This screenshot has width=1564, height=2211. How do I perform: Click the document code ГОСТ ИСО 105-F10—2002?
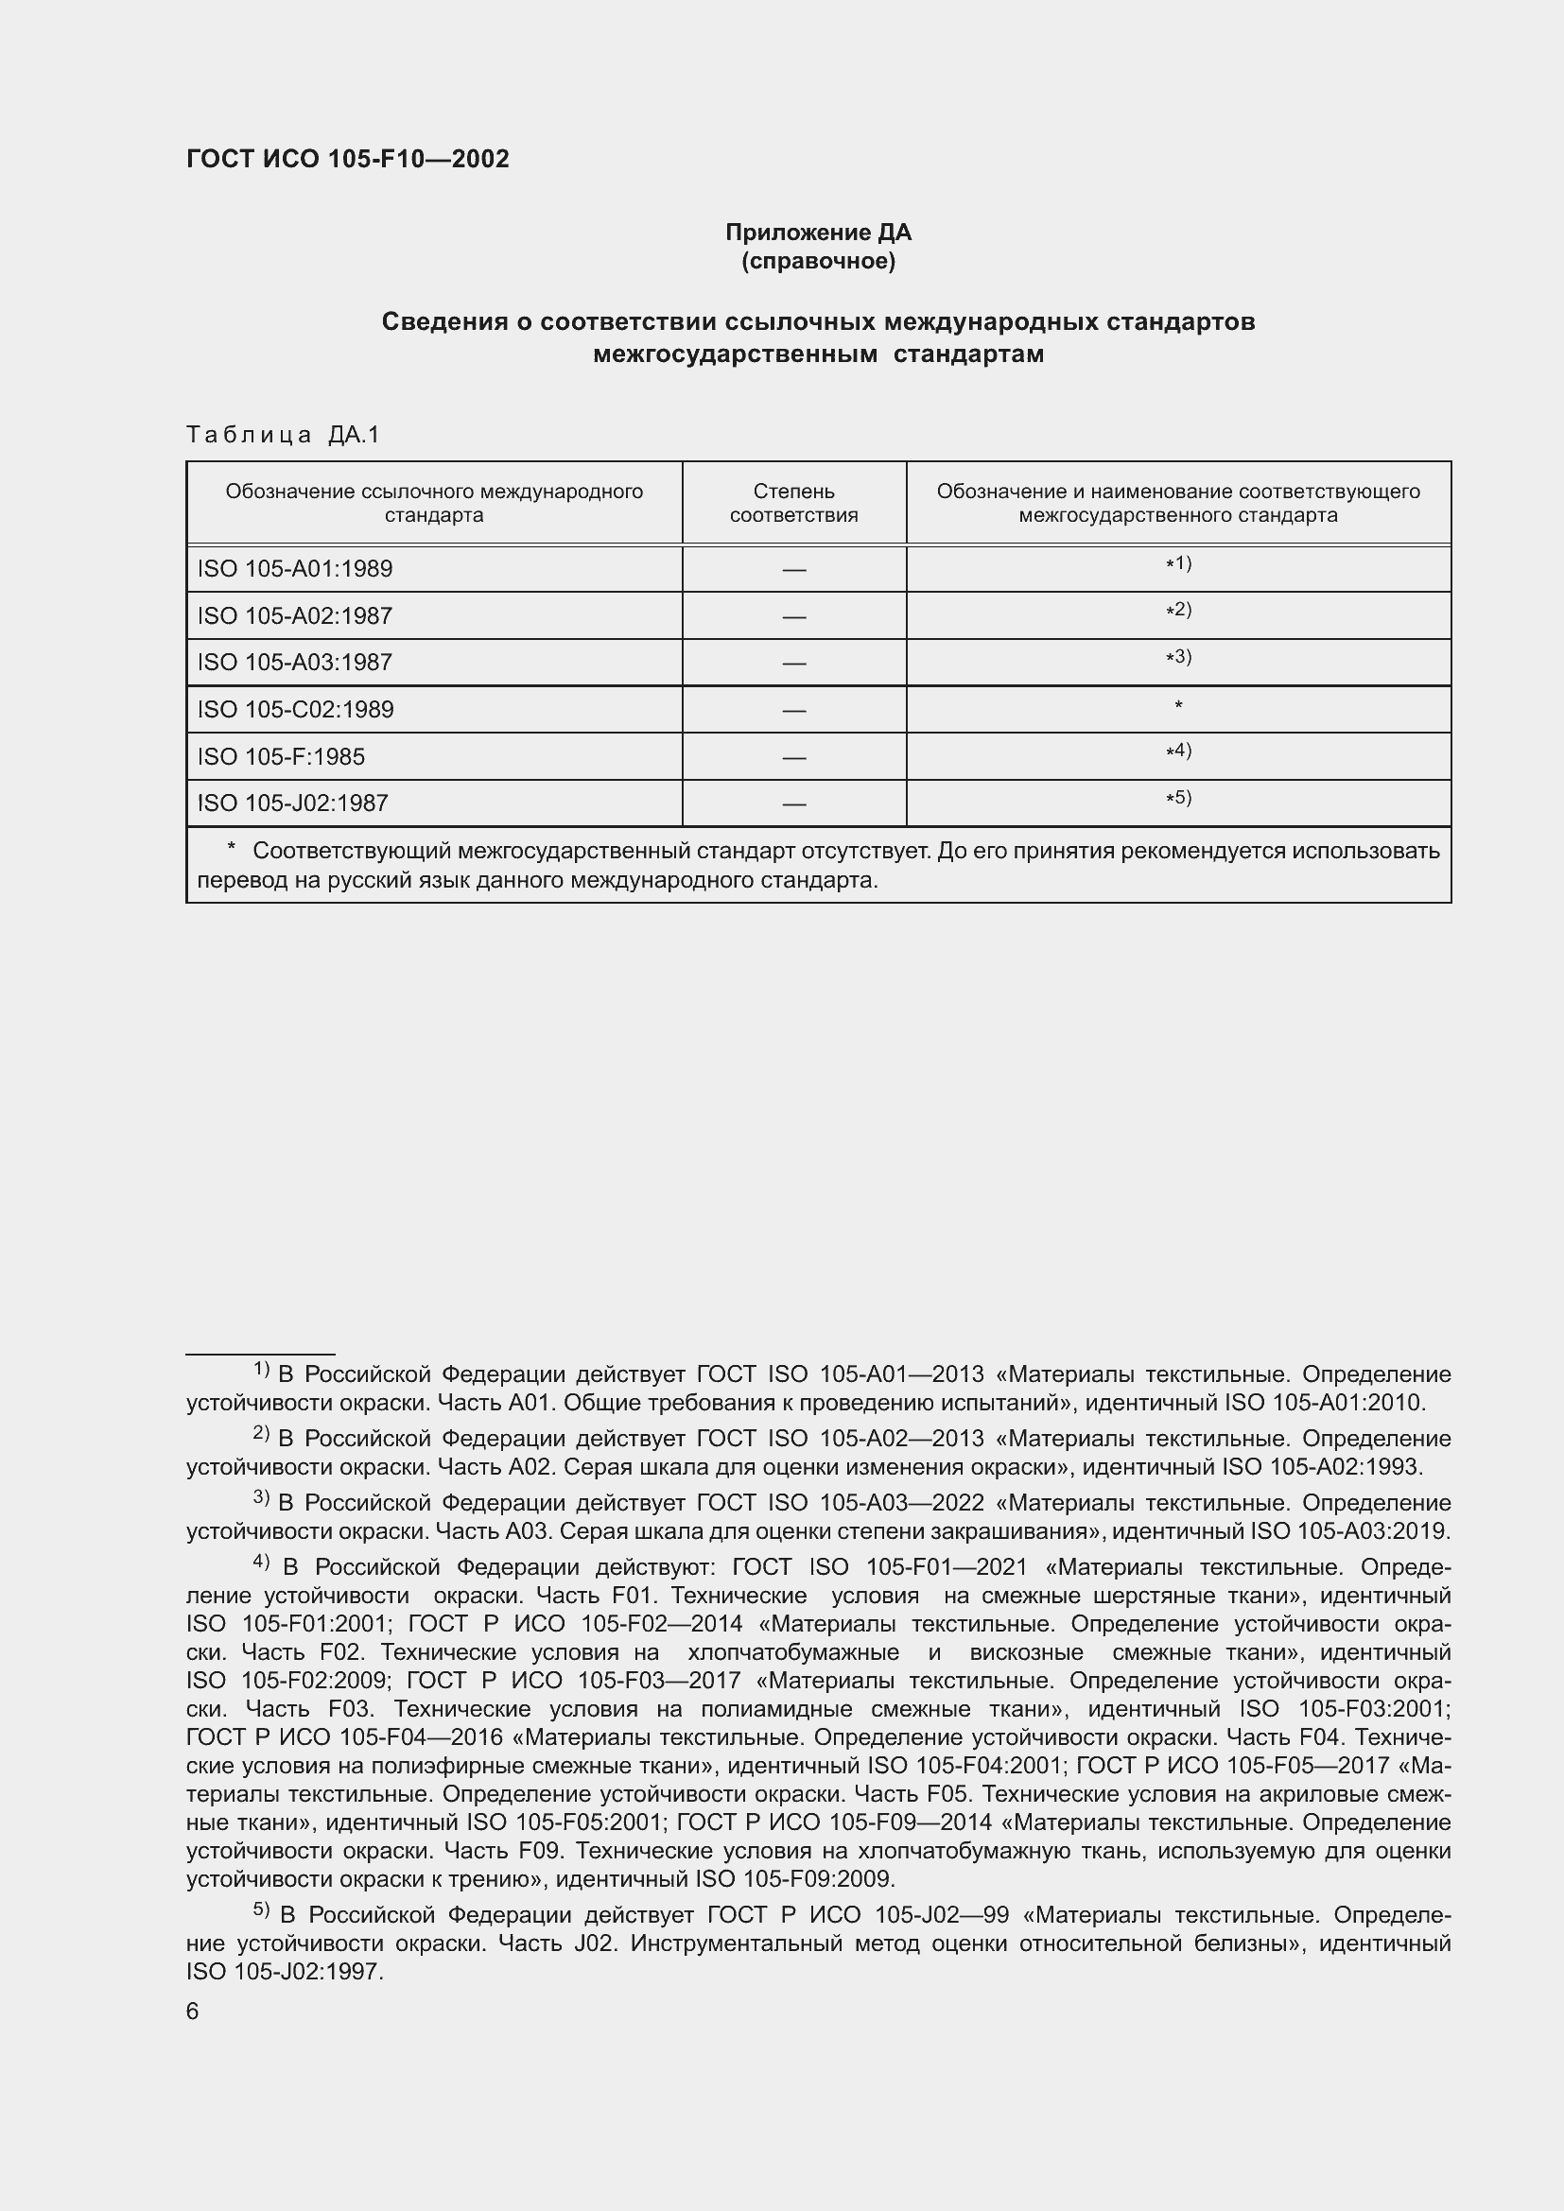(x=348, y=159)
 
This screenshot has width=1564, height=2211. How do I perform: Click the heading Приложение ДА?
(x=818, y=233)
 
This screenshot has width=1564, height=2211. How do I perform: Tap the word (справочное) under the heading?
(x=818, y=261)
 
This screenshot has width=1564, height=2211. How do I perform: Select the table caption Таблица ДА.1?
(x=283, y=435)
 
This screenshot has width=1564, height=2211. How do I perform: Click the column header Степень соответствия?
(x=793, y=503)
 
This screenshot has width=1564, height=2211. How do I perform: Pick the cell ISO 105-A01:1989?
(x=295, y=569)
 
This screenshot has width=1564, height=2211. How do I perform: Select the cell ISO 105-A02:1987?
(x=295, y=616)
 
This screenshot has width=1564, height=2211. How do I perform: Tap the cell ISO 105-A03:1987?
(x=295, y=663)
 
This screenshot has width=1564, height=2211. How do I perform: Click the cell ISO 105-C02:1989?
(x=296, y=710)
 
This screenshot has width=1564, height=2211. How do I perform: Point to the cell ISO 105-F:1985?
(x=281, y=757)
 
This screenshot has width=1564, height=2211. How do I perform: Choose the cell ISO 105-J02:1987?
(x=293, y=803)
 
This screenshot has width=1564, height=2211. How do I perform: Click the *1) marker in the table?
(x=1178, y=564)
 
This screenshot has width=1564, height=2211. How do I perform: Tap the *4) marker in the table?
(x=1178, y=751)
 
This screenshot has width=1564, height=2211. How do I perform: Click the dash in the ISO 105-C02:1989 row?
(x=793, y=711)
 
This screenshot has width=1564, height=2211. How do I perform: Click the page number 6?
(x=193, y=2012)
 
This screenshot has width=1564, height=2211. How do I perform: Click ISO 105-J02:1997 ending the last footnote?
(x=285, y=1972)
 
